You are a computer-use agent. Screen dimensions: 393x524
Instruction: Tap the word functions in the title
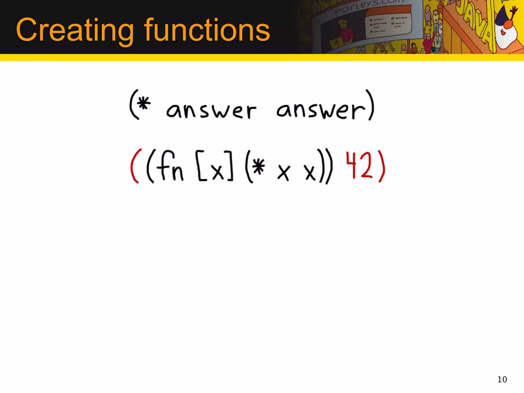click(x=207, y=30)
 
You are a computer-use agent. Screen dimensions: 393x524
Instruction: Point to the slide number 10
click(x=502, y=379)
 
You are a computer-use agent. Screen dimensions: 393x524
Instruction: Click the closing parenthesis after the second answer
click(x=371, y=105)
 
